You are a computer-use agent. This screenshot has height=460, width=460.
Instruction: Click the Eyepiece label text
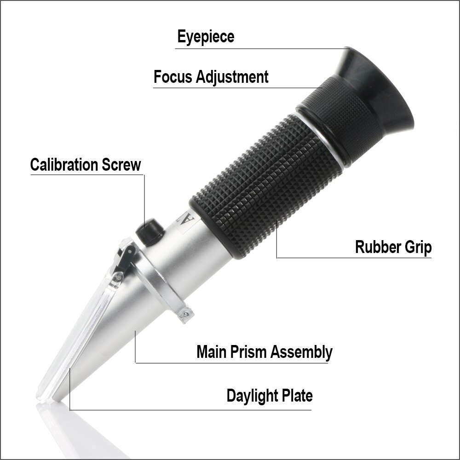pos(206,37)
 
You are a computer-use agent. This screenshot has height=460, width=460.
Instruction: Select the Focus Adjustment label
pos(211,76)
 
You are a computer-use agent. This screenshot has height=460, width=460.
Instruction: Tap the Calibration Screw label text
pos(86,165)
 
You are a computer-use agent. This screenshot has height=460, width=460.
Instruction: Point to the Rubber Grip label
pos(393,247)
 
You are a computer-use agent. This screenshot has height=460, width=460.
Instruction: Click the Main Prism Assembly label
pos(264,352)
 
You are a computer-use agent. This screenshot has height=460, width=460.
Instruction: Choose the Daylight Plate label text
pos(270,395)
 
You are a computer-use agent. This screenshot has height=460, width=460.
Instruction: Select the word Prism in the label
pos(249,352)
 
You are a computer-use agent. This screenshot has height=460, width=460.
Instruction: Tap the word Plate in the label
pos(297,395)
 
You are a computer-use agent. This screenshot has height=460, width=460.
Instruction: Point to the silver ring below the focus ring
pos(322,138)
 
